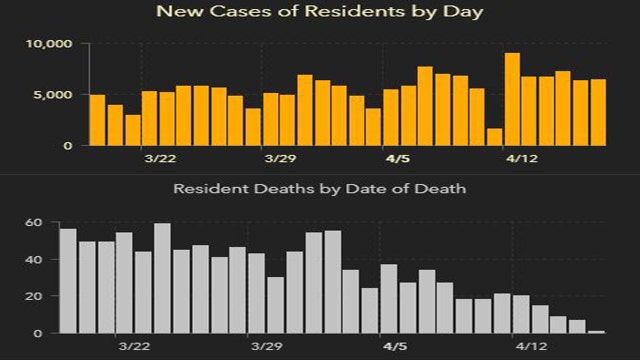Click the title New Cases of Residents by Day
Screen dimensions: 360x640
pyautogui.click(x=320, y=14)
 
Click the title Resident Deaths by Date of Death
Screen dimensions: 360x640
pyautogui.click(x=320, y=188)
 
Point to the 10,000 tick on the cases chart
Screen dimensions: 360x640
pyautogui.click(x=48, y=44)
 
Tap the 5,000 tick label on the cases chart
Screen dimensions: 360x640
pyautogui.click(x=52, y=95)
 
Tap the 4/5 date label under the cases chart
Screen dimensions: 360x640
pyautogui.click(x=398, y=159)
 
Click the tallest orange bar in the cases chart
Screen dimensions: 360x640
pyautogui.click(x=512, y=99)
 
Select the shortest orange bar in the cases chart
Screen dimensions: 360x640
pyautogui.click(x=494, y=137)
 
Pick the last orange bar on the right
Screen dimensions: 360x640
pyautogui.click(x=598, y=112)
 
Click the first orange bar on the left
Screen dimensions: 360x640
pyautogui.click(x=97, y=120)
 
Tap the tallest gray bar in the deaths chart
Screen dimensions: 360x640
pyautogui.click(x=162, y=278)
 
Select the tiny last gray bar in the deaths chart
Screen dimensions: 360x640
pyautogui.click(x=597, y=331)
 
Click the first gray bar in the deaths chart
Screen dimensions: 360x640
pyautogui.click(x=68, y=281)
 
